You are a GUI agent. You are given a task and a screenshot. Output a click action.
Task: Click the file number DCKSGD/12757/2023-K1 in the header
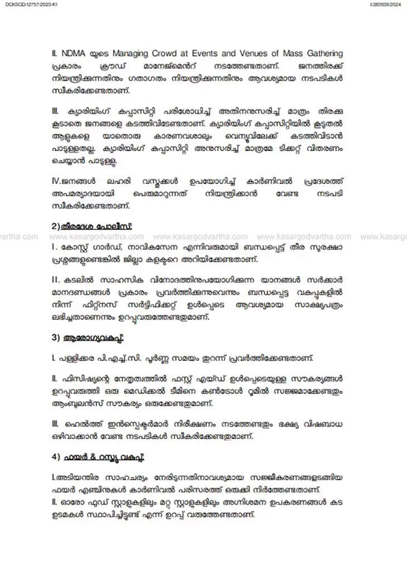pos(26,5)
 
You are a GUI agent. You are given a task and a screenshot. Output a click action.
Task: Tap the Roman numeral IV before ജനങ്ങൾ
pos(55,181)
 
